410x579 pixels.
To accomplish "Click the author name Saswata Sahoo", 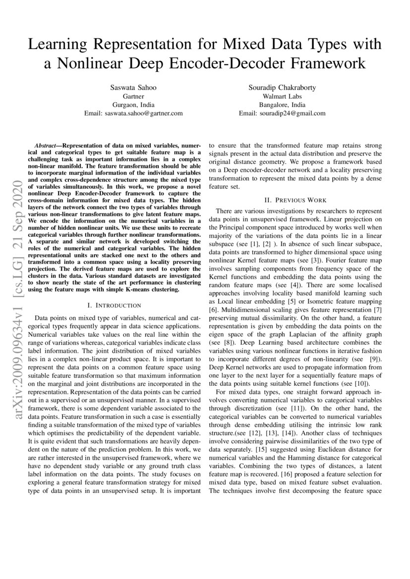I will [133, 87].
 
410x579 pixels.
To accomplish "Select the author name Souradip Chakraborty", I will [282, 87].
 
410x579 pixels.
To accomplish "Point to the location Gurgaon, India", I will [133, 105].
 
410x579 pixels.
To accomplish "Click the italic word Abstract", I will [45, 147].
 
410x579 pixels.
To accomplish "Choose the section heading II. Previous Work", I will [295, 200].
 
